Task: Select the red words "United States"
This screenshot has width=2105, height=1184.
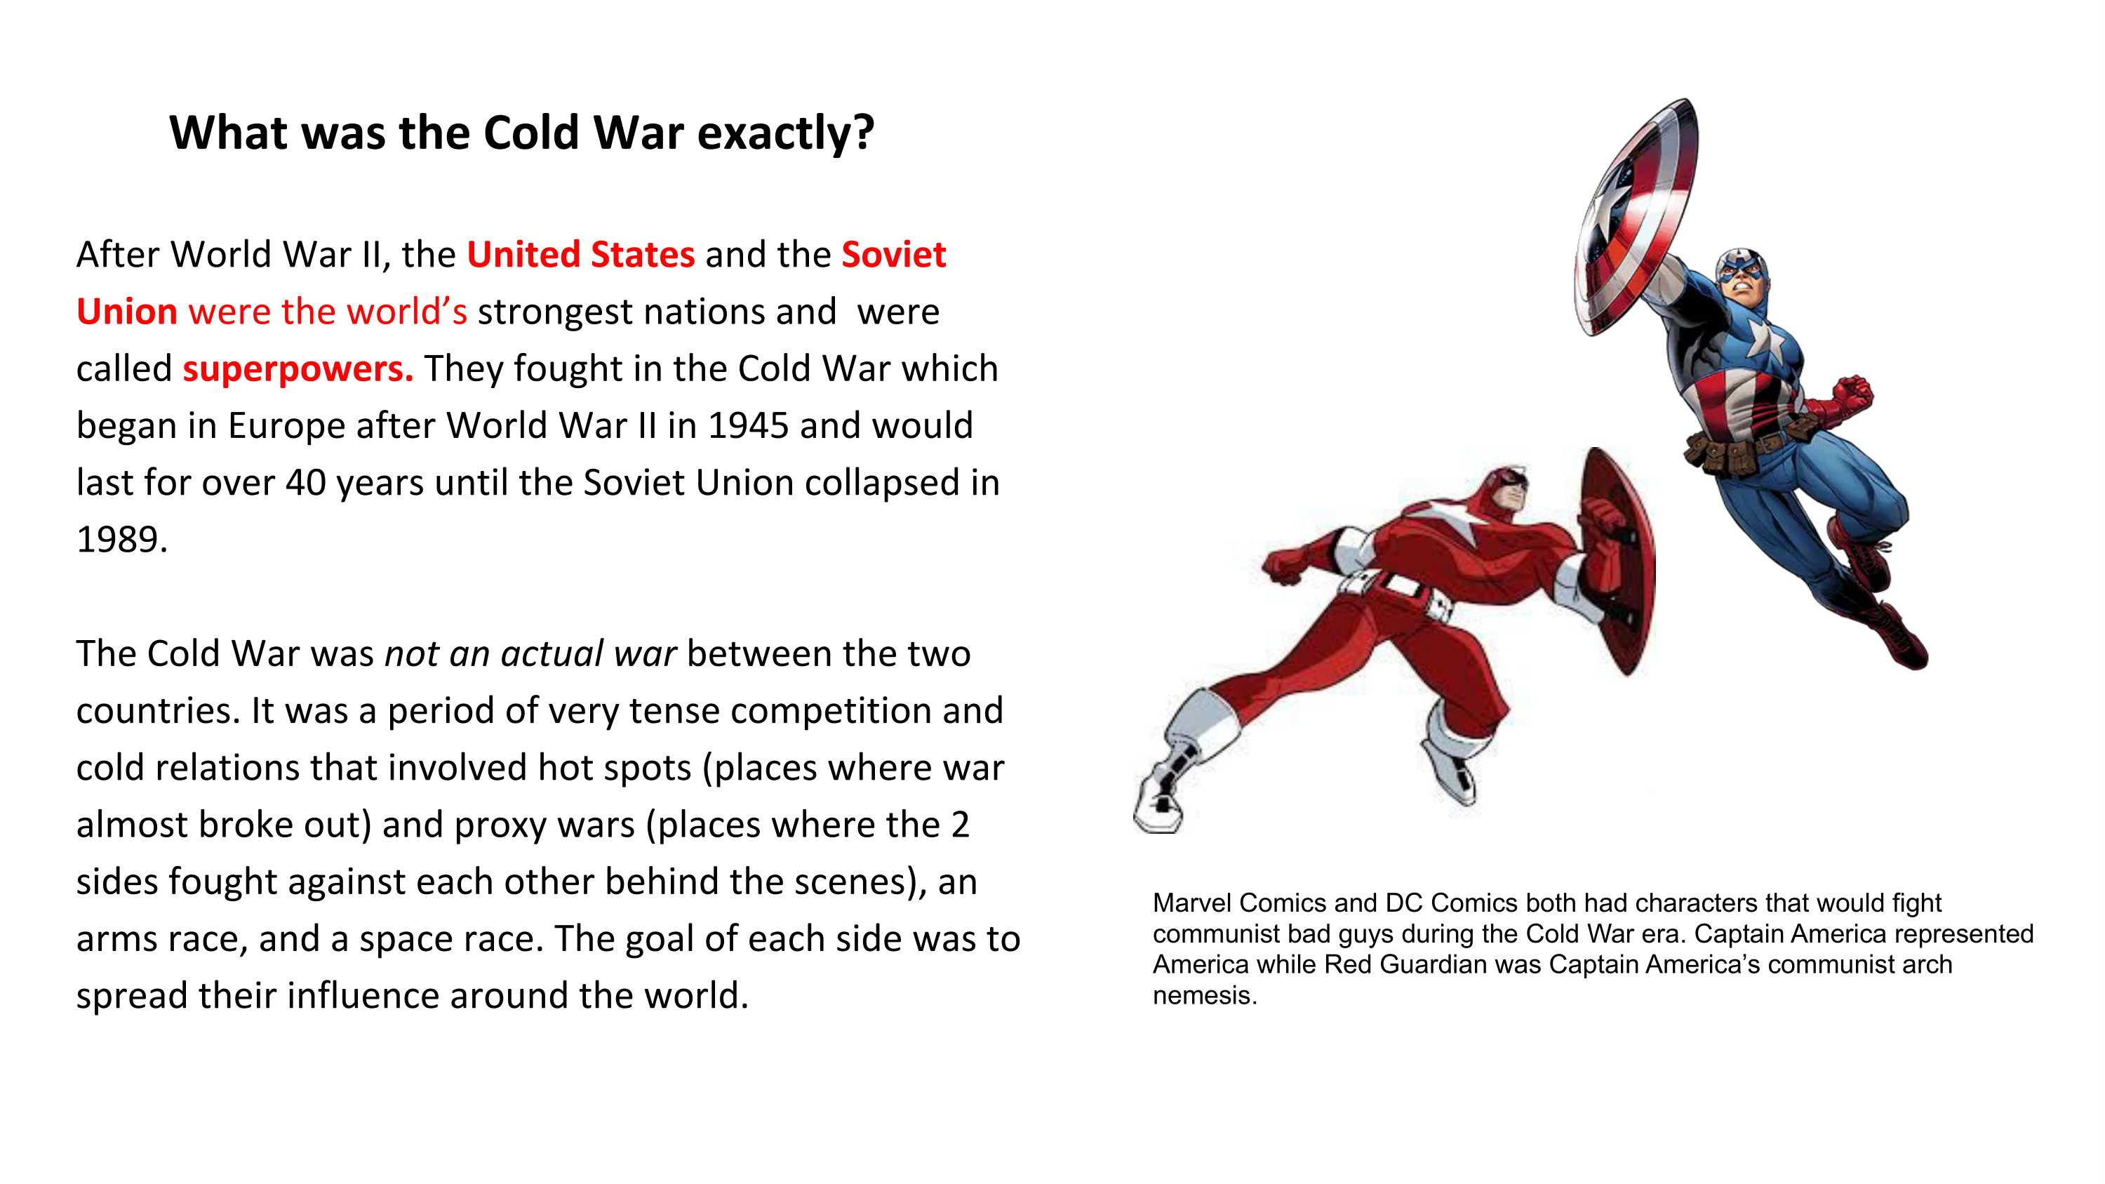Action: coord(581,254)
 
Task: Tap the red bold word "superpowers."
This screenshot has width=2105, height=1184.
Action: coord(298,369)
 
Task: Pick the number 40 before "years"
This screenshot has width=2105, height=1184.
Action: coord(306,482)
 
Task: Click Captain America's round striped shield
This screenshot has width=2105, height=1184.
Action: coord(1634,217)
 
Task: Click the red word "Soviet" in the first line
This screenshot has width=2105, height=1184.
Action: coord(894,254)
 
